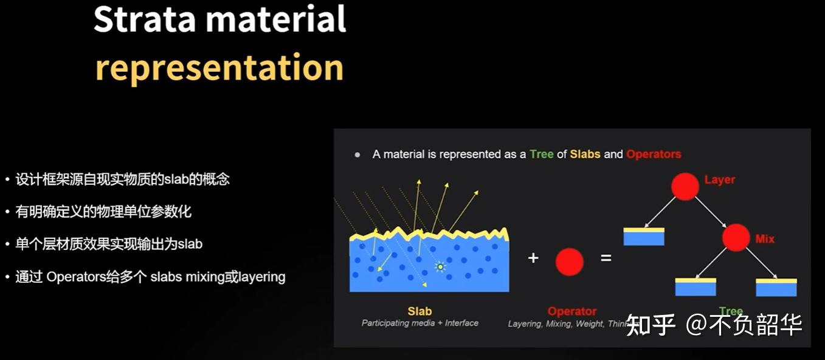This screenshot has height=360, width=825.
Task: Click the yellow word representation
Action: pyautogui.click(x=219, y=67)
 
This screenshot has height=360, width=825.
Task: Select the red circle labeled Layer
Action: pyautogui.click(x=685, y=187)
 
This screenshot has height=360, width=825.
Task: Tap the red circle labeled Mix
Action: pyautogui.click(x=736, y=237)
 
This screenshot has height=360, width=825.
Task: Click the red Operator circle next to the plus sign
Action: pyautogui.click(x=569, y=262)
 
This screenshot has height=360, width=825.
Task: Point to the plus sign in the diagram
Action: pyautogui.click(x=533, y=258)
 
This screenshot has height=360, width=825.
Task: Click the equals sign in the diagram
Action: pyautogui.click(x=606, y=258)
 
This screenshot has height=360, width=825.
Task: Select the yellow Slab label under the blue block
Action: pyautogui.click(x=419, y=311)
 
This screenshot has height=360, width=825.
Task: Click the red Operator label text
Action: pyautogui.click(x=571, y=311)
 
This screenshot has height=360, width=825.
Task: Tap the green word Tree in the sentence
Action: pyautogui.click(x=541, y=154)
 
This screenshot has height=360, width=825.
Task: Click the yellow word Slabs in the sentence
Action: pyautogui.click(x=585, y=154)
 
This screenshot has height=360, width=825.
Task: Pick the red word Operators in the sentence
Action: pyautogui.click(x=654, y=154)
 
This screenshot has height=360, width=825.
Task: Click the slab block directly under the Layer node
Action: pyautogui.click(x=644, y=237)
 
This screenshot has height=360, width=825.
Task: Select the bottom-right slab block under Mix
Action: pyautogui.click(x=776, y=287)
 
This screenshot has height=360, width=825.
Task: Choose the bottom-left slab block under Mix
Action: pyautogui.click(x=696, y=287)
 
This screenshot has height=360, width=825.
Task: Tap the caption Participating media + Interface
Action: pyautogui.click(x=419, y=323)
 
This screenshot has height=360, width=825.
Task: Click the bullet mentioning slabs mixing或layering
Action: pyautogui.click(x=150, y=277)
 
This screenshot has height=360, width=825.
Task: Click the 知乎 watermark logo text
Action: pyautogui.click(x=651, y=325)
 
